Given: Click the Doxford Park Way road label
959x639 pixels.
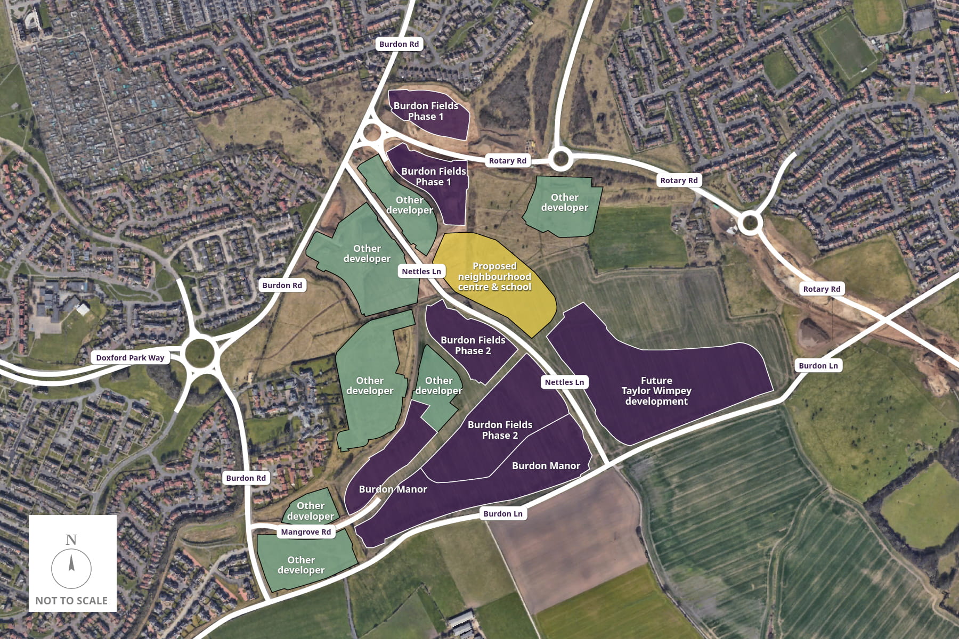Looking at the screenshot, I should pyautogui.click(x=130, y=358).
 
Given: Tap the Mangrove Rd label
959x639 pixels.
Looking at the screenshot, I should pyautogui.click(x=306, y=532).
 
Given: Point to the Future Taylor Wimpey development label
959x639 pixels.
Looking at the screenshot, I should pyautogui.click(x=656, y=391).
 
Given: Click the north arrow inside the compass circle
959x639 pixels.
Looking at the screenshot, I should pyautogui.click(x=71, y=564).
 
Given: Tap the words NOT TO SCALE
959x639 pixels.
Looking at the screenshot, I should pyautogui.click(x=71, y=601).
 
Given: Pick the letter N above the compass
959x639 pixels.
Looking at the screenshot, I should pyautogui.click(x=71, y=540).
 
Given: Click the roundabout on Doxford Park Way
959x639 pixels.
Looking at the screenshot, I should pyautogui.click(x=200, y=352).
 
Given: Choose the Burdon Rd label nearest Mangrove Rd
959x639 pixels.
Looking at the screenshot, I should pyautogui.click(x=246, y=478).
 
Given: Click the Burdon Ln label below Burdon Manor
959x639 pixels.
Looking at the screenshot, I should pyautogui.click(x=503, y=514).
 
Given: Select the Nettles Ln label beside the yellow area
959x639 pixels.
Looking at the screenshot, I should pyautogui.click(x=421, y=272).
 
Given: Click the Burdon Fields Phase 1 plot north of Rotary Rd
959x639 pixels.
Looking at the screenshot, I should pyautogui.click(x=426, y=112).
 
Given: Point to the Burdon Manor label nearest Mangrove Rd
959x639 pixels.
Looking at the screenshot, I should pyautogui.click(x=393, y=489).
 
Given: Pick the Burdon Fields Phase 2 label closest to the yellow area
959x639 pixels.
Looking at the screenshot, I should pyautogui.click(x=473, y=345).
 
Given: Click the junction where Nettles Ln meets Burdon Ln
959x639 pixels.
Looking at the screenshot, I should pyautogui.click(x=609, y=464).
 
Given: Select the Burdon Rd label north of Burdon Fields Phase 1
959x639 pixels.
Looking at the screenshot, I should pyautogui.click(x=399, y=44).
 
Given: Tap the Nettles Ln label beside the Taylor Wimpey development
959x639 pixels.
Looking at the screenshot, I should pyautogui.click(x=564, y=382).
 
